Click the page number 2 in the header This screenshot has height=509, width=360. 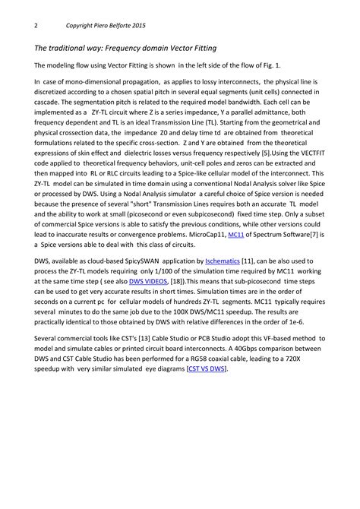(x=36, y=25)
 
